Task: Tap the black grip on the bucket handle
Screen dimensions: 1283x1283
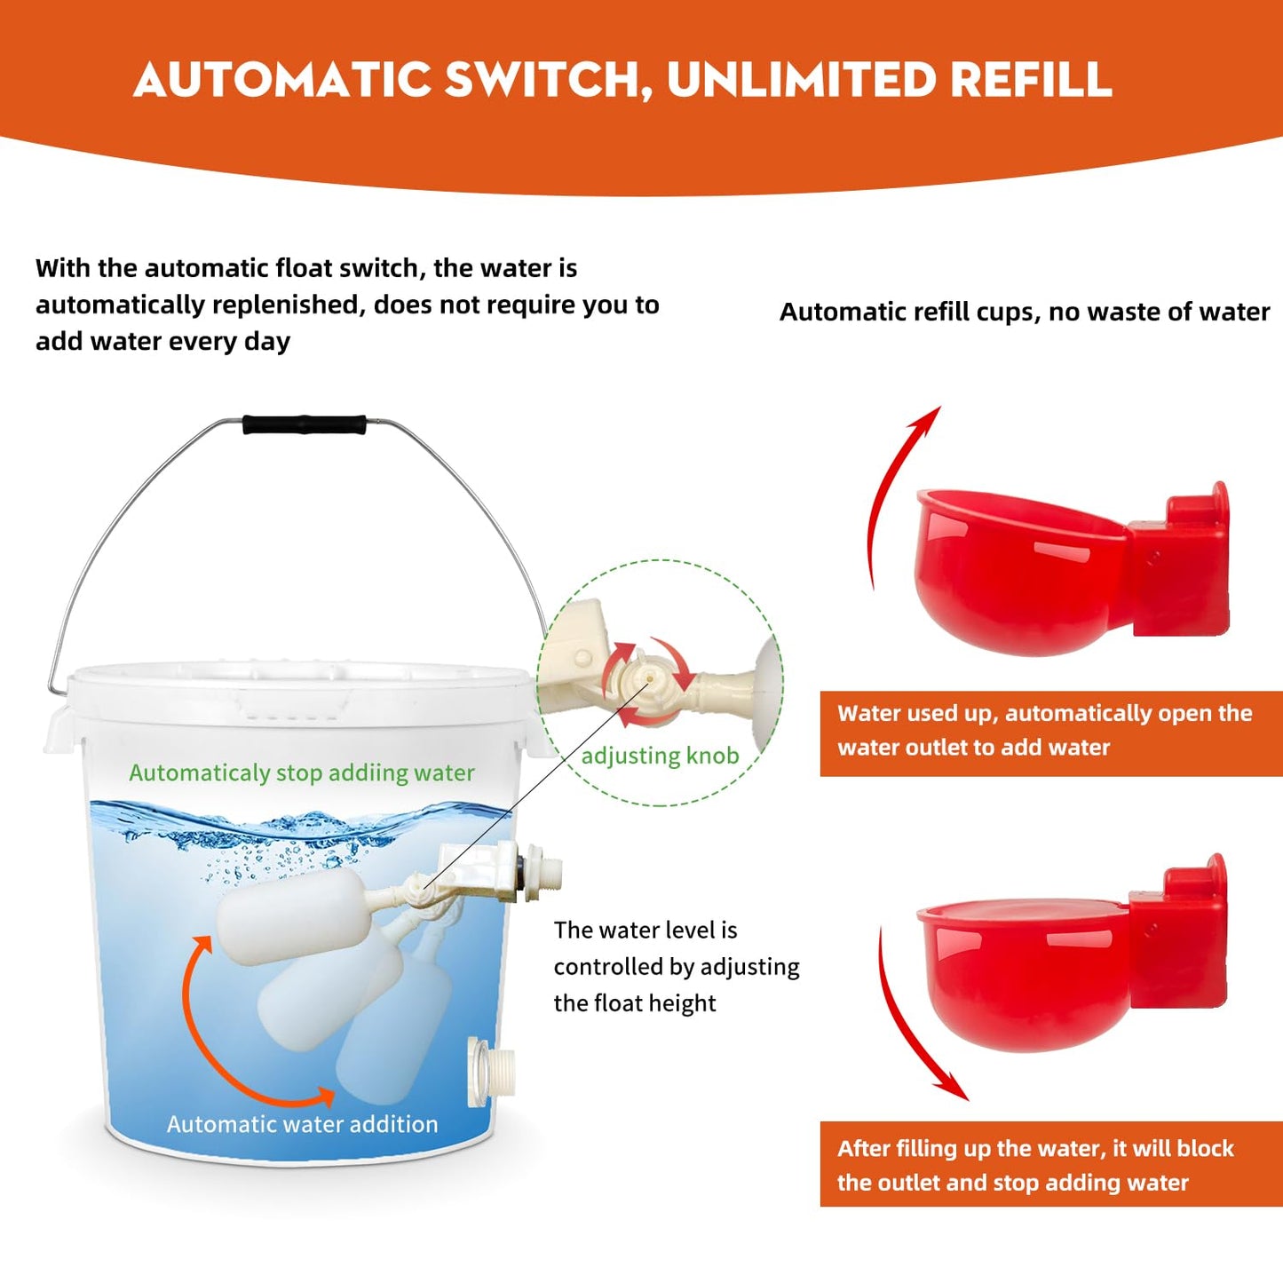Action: [305, 424]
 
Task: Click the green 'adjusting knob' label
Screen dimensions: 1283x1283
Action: [660, 756]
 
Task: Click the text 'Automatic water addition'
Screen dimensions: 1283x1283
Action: [302, 1124]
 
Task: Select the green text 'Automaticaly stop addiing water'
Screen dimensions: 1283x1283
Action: [302, 773]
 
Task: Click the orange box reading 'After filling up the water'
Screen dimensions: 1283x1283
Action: [1049, 1164]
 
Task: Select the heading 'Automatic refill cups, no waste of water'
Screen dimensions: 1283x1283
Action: [1024, 312]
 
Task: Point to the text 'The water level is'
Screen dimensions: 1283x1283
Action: [645, 930]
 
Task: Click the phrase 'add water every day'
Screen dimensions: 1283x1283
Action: [162, 342]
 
